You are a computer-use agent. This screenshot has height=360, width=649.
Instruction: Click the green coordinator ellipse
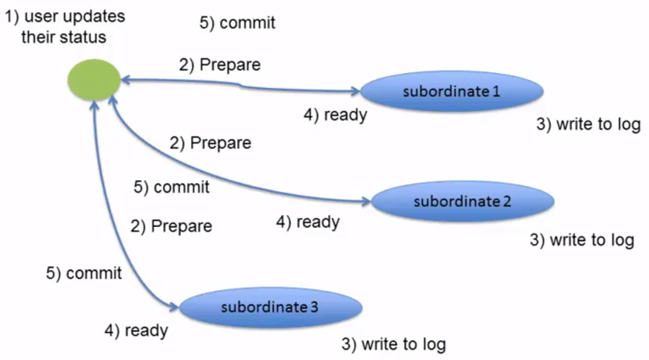coord(94,80)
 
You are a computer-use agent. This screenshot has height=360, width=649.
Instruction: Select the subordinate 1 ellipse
coord(451,91)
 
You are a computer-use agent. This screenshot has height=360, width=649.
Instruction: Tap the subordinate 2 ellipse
coord(463,201)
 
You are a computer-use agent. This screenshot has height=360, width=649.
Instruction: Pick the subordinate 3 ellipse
coord(270,307)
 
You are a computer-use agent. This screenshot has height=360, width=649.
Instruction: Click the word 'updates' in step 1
coord(94,16)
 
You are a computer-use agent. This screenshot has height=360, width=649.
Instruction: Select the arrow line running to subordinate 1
coord(240,85)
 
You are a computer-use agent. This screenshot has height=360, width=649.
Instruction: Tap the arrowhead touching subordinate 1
coord(355,91)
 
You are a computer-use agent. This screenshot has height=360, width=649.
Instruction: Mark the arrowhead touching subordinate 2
coord(367,201)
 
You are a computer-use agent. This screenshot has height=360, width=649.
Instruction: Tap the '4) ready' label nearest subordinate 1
coord(336,115)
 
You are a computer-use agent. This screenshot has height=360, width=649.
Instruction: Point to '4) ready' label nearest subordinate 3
coord(136,331)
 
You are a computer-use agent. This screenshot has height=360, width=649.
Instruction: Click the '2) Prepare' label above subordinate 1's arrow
coord(220,65)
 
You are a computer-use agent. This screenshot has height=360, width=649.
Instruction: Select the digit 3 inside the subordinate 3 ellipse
coord(314,307)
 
